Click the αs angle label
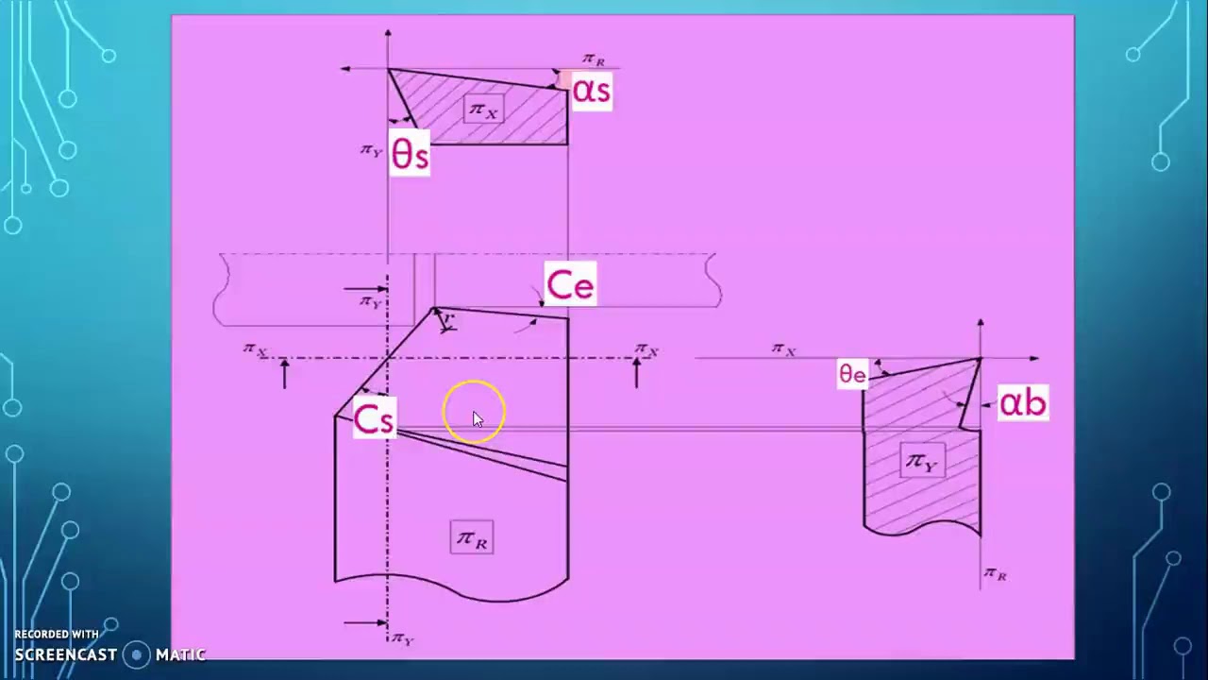(592, 92)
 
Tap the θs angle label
(410, 155)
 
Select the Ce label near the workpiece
(570, 285)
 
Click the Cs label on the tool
(374, 419)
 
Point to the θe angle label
(852, 374)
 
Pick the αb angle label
(1023, 403)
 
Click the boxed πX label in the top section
(483, 110)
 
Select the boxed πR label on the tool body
(472, 538)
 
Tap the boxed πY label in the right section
(921, 461)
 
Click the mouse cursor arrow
(478, 420)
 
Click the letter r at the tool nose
(448, 321)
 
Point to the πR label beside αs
(594, 59)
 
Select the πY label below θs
(371, 149)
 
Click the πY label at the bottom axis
(402, 638)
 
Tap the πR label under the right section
(995, 573)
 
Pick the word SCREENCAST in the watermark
(65, 654)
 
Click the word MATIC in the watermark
(180, 654)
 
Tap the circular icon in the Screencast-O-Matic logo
(138, 654)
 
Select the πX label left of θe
(783, 349)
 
